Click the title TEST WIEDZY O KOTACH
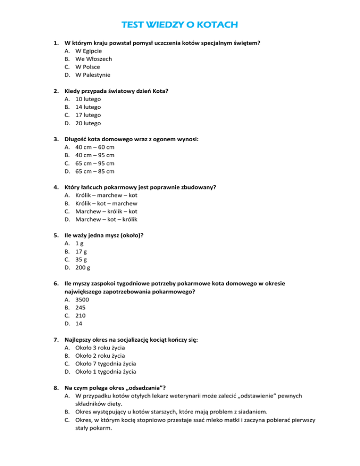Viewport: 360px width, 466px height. pos(180,24)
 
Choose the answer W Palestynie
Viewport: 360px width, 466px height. pos(94,75)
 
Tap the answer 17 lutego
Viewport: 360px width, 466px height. pos(88,115)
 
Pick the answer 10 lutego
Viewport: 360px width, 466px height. pos(88,99)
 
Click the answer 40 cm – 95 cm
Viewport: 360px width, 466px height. pos(95,155)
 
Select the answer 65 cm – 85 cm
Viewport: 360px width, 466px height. pos(95,171)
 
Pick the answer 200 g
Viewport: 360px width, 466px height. pos(83,268)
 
